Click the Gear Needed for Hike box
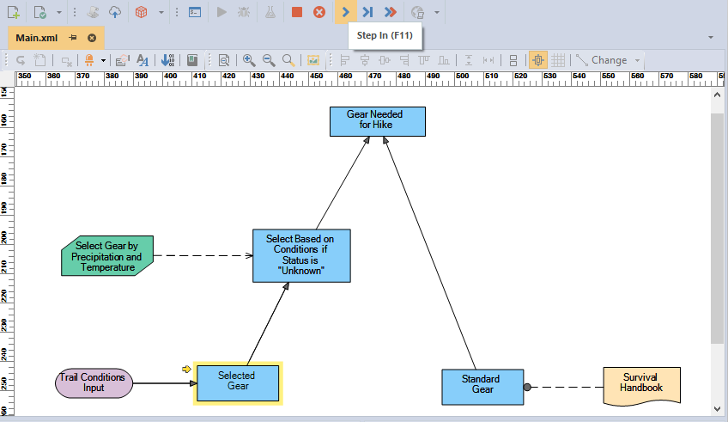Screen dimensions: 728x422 [378, 122]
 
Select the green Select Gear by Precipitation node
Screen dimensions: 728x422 [107, 256]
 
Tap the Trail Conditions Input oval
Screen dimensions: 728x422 [94, 383]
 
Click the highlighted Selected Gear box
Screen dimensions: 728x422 [238, 383]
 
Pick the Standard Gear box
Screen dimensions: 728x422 [482, 387]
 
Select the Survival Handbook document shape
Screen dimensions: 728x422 [641, 386]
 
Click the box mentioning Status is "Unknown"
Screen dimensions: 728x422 [301, 255]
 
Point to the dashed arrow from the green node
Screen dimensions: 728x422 [203, 255]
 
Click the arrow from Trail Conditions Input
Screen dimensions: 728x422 [165, 383]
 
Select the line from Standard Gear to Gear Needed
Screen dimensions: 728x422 [429, 253]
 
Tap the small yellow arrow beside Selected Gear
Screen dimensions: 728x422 [186, 369]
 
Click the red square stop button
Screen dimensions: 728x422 [297, 12]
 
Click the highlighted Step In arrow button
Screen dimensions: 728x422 [345, 12]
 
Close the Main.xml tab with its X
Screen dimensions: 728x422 [92, 38]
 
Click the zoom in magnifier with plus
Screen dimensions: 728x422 [249, 60]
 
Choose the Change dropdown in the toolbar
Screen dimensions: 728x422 [608, 60]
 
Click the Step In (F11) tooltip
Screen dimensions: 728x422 [385, 35]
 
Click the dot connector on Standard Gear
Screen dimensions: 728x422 [527, 387]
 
